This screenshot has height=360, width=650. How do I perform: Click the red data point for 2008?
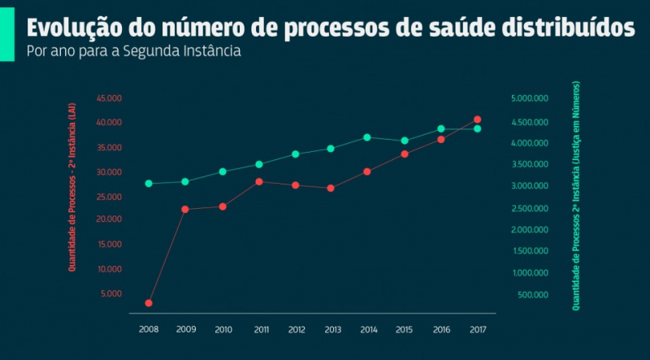(x=149, y=303)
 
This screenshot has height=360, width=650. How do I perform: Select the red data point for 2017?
(x=477, y=119)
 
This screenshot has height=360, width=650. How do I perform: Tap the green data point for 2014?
(x=367, y=137)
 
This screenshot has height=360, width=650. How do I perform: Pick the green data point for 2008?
(x=149, y=184)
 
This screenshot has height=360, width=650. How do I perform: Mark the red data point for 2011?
(x=259, y=181)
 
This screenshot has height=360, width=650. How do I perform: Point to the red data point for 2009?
(x=185, y=210)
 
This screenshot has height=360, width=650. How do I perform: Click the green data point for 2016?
(x=441, y=129)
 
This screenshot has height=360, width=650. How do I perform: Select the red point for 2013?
(x=331, y=189)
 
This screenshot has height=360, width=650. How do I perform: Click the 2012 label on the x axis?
(x=297, y=329)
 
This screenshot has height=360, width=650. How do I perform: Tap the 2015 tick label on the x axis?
(x=404, y=329)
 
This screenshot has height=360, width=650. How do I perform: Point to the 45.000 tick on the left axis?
(x=109, y=98)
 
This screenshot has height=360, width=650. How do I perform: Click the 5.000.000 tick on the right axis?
(x=531, y=98)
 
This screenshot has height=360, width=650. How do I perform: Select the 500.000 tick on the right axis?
(x=534, y=294)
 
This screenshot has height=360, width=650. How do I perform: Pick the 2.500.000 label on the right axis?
(x=531, y=208)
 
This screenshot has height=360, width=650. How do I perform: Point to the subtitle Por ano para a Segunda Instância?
(x=134, y=51)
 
